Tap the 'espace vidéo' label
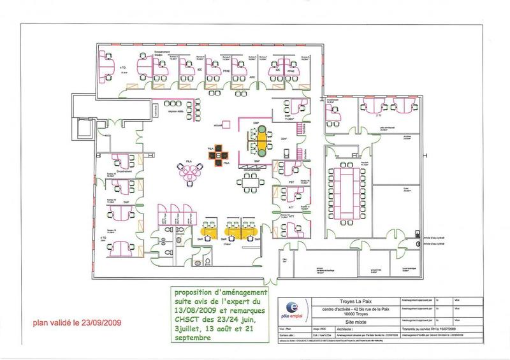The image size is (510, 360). [177, 112]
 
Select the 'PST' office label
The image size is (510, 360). [291, 182]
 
